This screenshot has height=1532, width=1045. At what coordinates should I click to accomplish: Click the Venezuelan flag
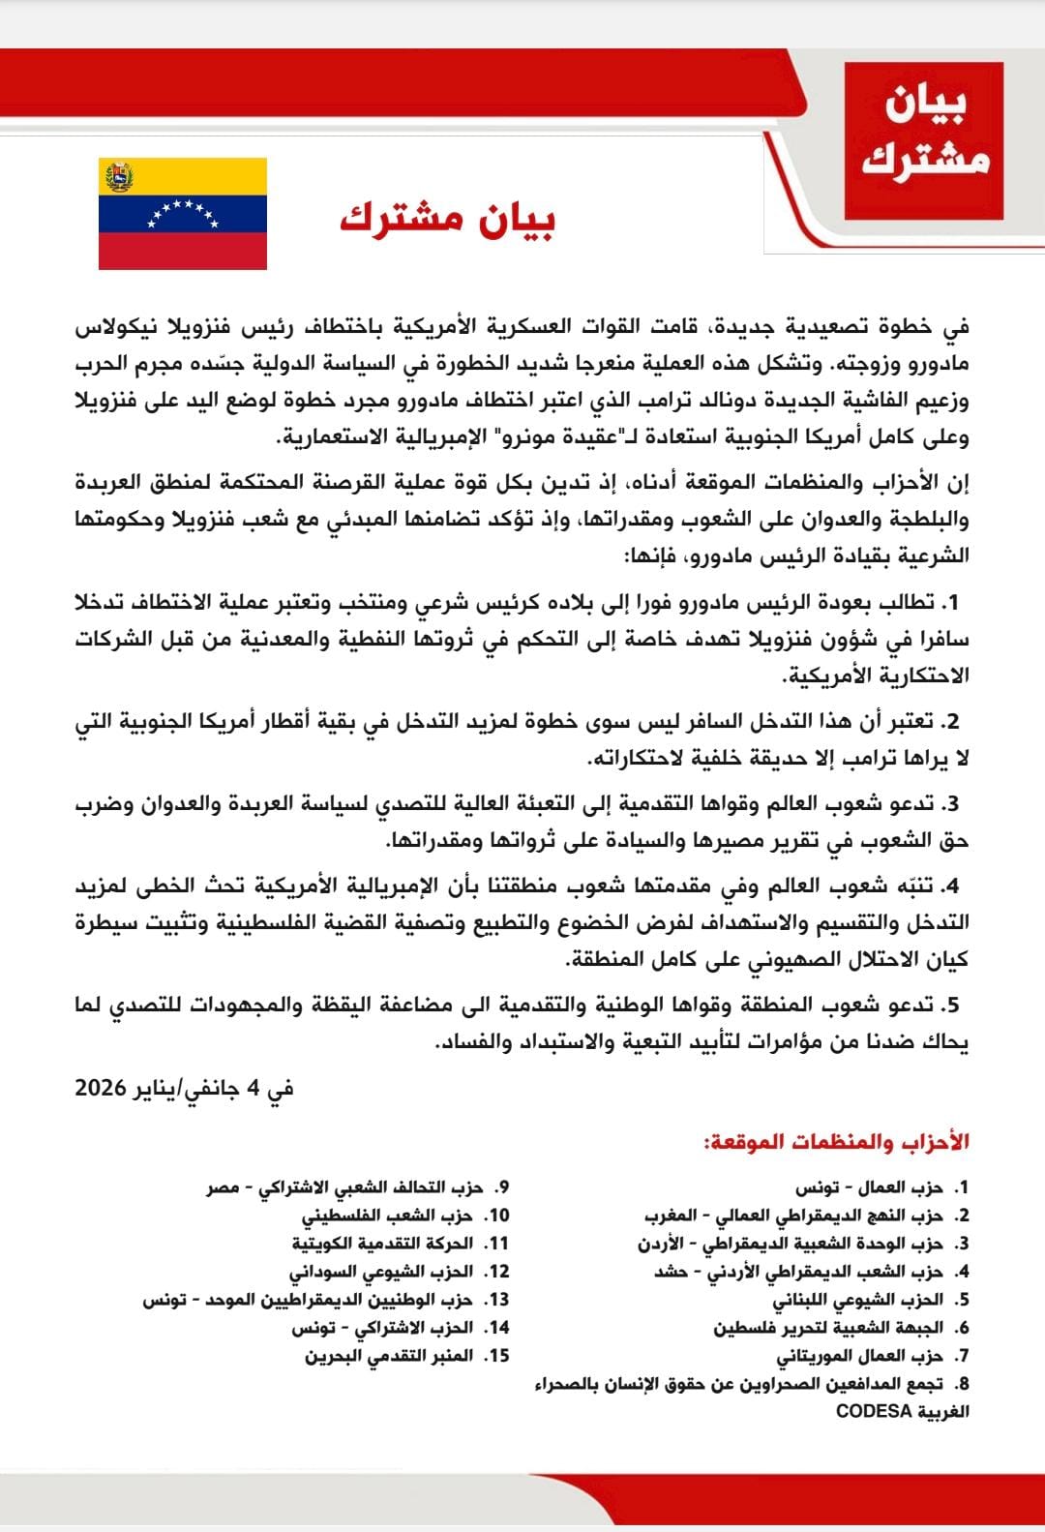(183, 214)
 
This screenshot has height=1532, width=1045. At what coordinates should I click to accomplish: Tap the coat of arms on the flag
(119, 177)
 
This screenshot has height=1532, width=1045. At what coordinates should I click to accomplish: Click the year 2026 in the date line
(101, 1088)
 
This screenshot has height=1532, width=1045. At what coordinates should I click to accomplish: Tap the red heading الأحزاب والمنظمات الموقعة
(836, 1142)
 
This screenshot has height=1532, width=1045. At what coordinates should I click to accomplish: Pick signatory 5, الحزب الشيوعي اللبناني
(857, 1300)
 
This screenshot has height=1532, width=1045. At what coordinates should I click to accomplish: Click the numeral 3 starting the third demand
(952, 804)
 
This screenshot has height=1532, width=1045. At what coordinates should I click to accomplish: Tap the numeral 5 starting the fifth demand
(952, 1006)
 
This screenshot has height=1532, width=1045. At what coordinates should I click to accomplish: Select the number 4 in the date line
(254, 1088)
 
